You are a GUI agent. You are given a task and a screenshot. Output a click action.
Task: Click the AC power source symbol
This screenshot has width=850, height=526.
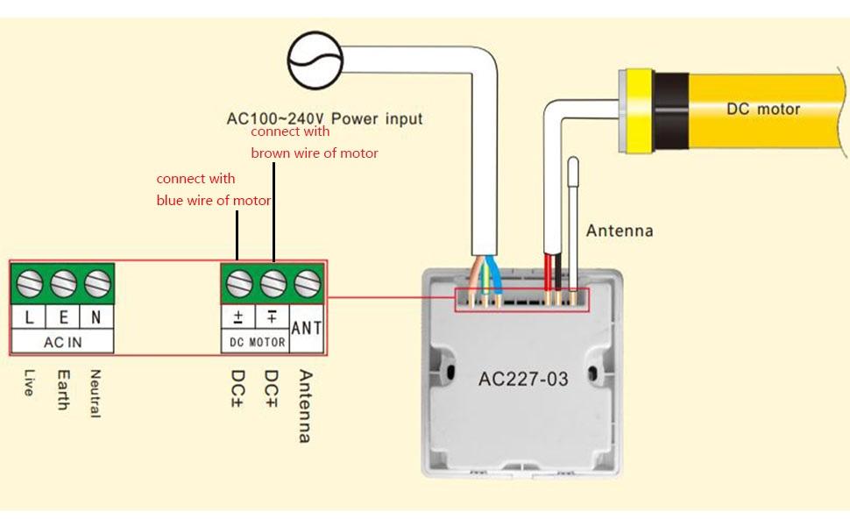click(315, 60)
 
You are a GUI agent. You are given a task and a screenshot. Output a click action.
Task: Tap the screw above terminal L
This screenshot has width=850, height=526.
click(29, 283)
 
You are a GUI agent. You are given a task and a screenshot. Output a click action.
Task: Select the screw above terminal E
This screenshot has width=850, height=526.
click(63, 283)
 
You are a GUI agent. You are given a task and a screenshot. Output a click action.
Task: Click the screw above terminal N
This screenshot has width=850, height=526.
click(97, 283)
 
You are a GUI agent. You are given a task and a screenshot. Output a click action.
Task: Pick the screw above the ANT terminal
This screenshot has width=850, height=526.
click(308, 283)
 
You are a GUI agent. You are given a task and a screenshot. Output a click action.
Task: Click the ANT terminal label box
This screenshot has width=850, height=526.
click(307, 328)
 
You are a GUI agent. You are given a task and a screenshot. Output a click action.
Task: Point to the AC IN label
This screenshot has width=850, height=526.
click(63, 342)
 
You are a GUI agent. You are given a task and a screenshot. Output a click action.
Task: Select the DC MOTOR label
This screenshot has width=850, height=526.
click(258, 342)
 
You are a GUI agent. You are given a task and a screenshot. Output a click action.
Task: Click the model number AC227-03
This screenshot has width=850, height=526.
click(523, 379)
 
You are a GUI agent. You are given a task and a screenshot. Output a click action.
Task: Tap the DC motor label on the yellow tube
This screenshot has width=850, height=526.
click(763, 109)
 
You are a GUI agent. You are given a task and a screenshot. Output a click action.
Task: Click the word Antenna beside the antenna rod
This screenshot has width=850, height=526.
click(620, 231)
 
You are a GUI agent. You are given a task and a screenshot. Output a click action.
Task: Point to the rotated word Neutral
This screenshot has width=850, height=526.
click(96, 394)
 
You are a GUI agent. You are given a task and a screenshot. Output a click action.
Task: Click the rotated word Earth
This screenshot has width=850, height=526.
click(63, 390)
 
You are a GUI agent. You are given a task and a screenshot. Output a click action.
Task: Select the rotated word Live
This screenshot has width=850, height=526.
click(29, 383)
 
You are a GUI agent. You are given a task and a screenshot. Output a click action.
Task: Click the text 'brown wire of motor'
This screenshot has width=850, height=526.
click(315, 153)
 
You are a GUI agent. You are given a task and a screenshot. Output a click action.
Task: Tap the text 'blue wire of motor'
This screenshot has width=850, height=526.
click(214, 201)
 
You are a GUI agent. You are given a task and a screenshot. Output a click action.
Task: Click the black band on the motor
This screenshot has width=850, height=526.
click(670, 110)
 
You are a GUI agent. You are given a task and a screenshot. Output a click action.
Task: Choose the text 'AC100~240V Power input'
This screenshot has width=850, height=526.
click(324, 118)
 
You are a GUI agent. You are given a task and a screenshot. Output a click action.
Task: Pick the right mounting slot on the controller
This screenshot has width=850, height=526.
click(592, 373)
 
